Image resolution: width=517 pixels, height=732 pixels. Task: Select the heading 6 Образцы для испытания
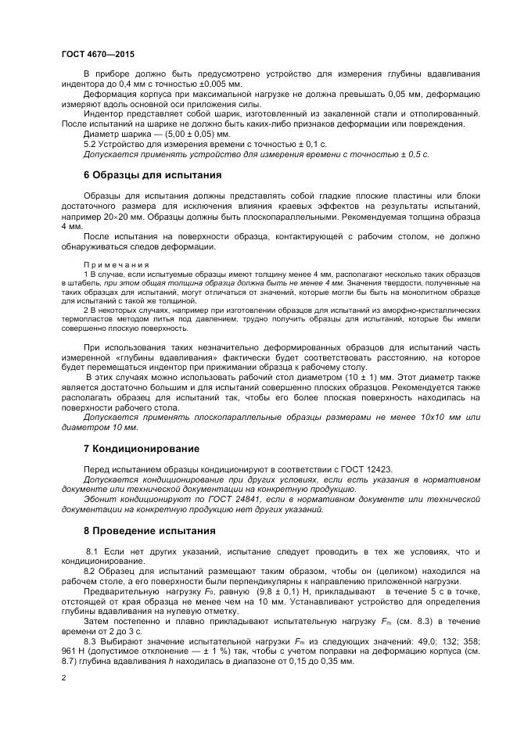click(x=153, y=174)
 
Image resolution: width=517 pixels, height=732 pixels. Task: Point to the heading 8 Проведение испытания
click(x=145, y=531)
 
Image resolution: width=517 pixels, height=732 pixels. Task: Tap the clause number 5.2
click(x=92, y=145)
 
